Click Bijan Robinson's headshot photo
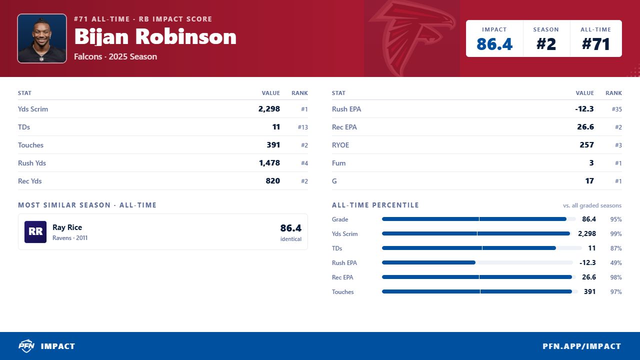click(x=42, y=38)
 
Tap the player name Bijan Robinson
click(x=155, y=37)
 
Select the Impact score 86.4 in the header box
click(x=494, y=44)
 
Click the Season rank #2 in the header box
click(x=546, y=44)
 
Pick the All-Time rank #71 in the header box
click(x=595, y=44)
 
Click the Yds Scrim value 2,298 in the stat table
click(x=269, y=109)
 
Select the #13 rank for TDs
click(x=302, y=127)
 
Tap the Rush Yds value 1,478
click(x=269, y=163)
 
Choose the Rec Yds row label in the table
click(x=29, y=181)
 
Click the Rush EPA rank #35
click(x=616, y=109)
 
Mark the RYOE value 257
click(x=586, y=145)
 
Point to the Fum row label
click(x=338, y=163)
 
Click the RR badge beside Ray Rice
click(x=35, y=231)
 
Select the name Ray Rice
click(x=67, y=227)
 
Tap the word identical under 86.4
click(x=291, y=239)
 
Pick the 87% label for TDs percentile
click(x=616, y=248)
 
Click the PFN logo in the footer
click(x=26, y=346)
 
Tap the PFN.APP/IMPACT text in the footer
click(x=581, y=346)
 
